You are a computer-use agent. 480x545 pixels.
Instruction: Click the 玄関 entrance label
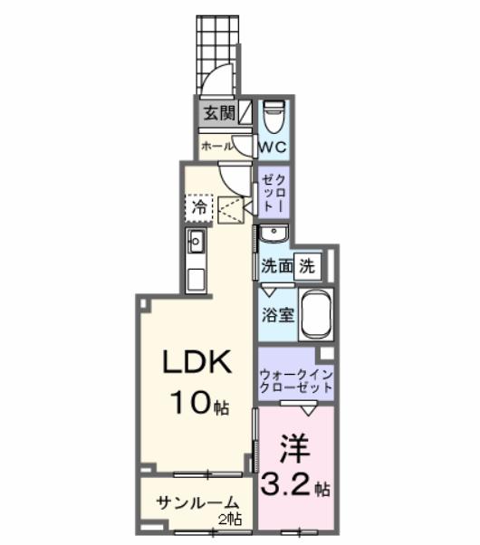pos(216,114)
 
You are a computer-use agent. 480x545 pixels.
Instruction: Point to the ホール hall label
pos(217,146)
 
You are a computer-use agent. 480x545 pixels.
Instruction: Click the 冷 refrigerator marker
pos(199,207)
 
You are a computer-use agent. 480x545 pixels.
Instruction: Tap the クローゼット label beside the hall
pos(274,192)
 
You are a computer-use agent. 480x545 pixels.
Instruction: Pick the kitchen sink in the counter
pos(197,242)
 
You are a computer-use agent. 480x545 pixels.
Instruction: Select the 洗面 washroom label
pos(277,266)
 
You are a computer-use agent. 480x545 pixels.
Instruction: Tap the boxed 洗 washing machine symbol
pos(308,266)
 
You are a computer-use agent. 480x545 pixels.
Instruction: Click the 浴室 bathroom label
pos(277,317)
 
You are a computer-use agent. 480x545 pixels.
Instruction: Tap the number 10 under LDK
pos(187,399)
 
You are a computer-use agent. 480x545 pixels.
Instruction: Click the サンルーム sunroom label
pos(197,503)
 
